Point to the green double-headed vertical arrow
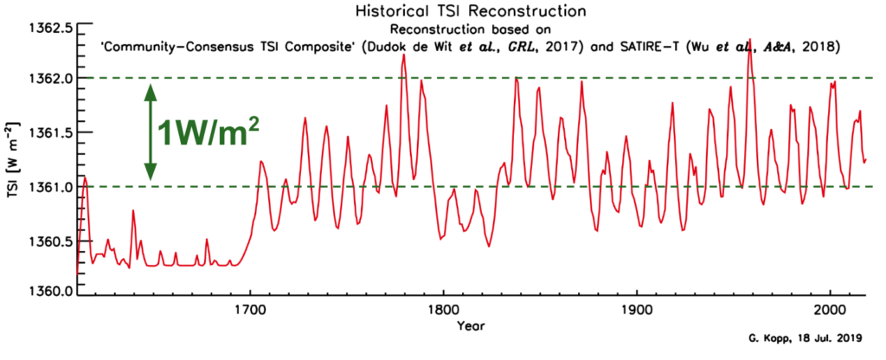click(x=150, y=132)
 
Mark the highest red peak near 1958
click(x=749, y=40)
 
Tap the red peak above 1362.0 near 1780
click(x=403, y=55)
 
